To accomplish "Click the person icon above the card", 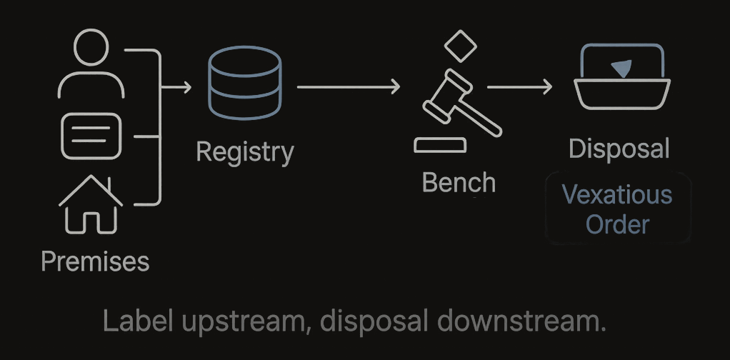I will point(91,66).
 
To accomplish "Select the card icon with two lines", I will point(91,135).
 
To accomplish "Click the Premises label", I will point(95,261).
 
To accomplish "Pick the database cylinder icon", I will point(244,84).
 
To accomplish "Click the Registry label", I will point(244,152).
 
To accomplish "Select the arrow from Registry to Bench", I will point(348,87).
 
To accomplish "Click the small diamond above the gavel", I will point(460,45).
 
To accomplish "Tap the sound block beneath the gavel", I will point(440,146).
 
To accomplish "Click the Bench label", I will point(459,183).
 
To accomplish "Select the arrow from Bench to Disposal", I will point(519,87).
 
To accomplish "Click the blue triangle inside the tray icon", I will point(621,69).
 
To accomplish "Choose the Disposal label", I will point(619,149).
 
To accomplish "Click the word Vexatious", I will point(617,194).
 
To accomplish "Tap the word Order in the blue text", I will point(617,224).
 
